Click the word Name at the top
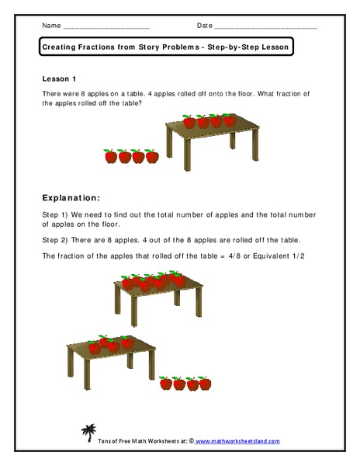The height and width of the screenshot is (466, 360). pos(50,25)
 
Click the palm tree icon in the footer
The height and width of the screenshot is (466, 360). pos(87,431)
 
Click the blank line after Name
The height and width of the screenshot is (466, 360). pos(105,27)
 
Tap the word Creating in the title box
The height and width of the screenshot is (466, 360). pos(60,47)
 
